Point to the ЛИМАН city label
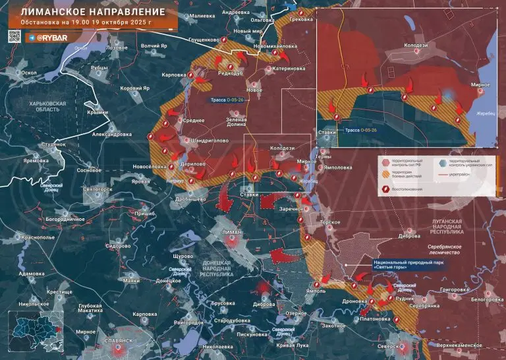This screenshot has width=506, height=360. [233, 232]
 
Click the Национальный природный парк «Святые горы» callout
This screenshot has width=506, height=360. [401, 263]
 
